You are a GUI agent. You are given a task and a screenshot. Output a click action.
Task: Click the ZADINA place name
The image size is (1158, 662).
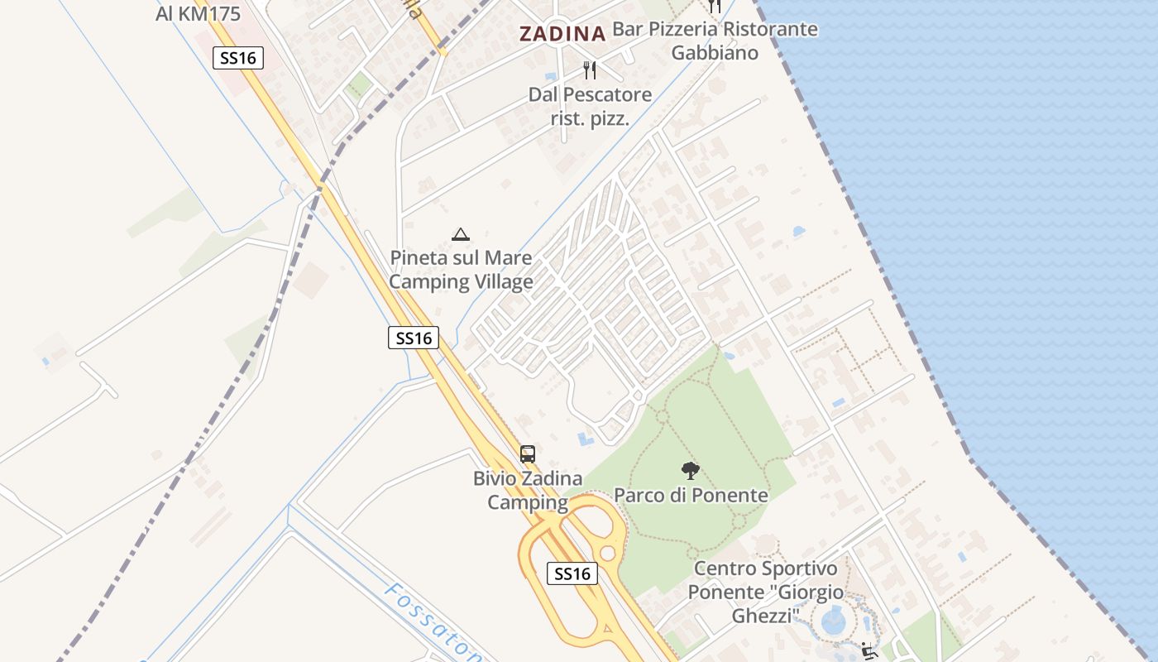pos(562,34)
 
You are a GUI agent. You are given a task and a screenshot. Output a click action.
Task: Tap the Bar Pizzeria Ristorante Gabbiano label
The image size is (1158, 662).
pos(715,41)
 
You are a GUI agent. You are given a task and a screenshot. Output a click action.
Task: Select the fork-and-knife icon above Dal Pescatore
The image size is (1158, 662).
pos(590,70)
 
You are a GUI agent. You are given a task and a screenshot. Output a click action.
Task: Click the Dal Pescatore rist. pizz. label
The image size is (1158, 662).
pos(590,107)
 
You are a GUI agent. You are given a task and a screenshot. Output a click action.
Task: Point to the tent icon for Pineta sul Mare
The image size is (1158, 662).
pos(461,234)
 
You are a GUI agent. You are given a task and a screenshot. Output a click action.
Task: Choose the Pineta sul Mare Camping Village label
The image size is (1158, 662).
pos(461,270)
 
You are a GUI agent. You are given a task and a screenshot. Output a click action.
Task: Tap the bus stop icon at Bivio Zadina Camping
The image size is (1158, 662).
pos(528,453)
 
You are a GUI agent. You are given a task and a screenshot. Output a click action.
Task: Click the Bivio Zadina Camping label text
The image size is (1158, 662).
pos(528,490)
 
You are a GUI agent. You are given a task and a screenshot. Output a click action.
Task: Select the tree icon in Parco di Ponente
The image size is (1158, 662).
pos(690,471)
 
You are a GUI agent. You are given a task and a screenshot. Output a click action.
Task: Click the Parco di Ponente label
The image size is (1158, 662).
pos(691,496)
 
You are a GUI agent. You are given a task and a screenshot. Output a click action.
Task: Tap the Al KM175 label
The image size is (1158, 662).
pos(198,13)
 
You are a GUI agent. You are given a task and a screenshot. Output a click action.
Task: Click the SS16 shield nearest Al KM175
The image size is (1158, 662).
pos(238,58)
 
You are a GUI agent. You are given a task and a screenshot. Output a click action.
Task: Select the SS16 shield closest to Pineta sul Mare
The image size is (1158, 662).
pos(414,338)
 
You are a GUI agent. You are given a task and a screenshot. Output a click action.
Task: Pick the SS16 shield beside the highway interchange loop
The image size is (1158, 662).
pos(572,573)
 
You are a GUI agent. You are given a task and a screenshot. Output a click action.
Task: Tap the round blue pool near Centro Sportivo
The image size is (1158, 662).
pos(832,620)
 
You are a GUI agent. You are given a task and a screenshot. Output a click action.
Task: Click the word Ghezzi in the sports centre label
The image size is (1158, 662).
pos(765,616)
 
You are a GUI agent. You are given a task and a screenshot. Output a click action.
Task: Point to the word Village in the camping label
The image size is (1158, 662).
pos(501,282)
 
